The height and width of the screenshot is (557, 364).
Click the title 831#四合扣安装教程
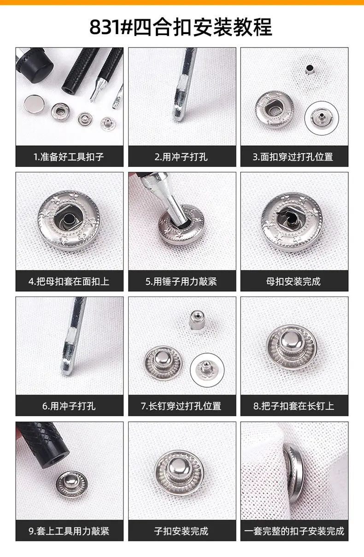(181, 27)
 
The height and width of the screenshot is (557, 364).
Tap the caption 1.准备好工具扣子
(69, 157)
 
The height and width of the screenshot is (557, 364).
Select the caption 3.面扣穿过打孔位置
(293, 157)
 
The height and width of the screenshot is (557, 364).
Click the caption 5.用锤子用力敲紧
(182, 281)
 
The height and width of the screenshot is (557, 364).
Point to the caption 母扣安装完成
(294, 281)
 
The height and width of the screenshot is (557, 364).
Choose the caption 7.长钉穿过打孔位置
(181, 406)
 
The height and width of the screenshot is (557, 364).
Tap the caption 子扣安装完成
(181, 531)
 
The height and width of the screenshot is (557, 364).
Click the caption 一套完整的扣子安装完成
(294, 531)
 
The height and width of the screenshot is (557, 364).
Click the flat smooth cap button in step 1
(35, 104)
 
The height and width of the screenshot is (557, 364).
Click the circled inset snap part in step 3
(322, 118)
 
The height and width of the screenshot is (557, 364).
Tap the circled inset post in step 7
(207, 370)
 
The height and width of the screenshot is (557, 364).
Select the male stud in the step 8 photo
(292, 346)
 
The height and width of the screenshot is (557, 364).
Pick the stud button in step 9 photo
(72, 484)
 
